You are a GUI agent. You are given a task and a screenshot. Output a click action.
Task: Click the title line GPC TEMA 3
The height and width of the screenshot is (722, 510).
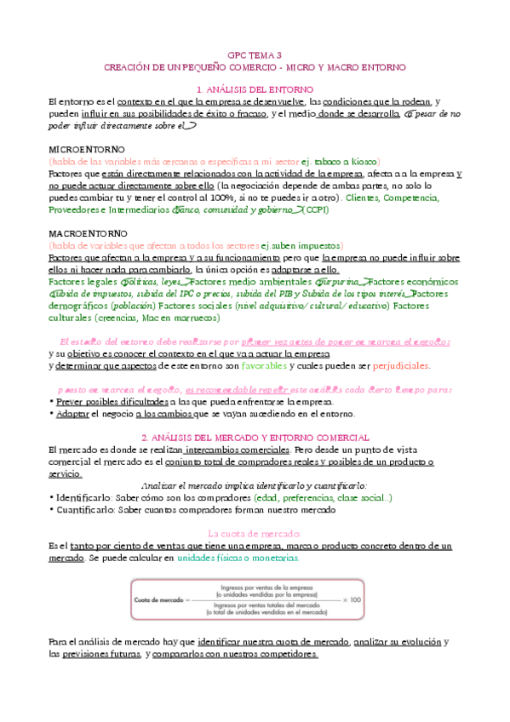(x=255, y=53)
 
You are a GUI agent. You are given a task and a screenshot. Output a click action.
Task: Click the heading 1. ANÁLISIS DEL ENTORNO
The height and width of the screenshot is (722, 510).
(x=255, y=89)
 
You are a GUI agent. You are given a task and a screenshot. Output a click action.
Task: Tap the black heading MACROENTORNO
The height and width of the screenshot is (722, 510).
(x=83, y=232)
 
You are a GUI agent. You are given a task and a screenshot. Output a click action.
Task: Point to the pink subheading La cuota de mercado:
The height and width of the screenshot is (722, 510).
(x=255, y=533)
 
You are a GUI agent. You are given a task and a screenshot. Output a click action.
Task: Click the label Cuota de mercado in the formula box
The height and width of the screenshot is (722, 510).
(x=158, y=599)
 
